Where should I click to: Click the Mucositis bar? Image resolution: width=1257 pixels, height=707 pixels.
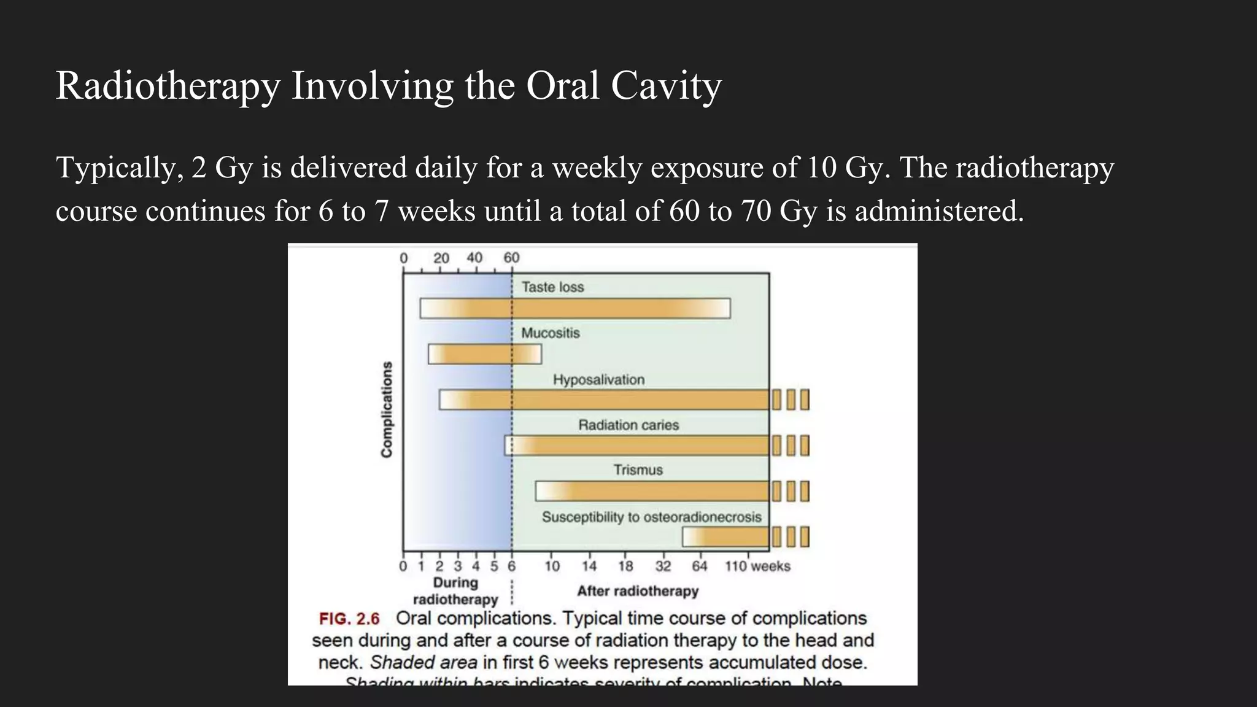click(x=485, y=354)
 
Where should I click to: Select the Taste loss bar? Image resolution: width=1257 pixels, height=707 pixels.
click(x=575, y=308)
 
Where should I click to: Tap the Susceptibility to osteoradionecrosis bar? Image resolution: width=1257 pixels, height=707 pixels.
click(x=725, y=537)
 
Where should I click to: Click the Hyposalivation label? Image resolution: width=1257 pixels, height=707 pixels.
click(x=598, y=380)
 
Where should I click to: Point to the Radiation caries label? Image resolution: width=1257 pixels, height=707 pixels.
click(x=628, y=425)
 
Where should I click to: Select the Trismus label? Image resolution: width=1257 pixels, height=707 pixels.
click(x=638, y=470)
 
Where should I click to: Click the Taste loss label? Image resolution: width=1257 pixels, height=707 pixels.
click(x=552, y=287)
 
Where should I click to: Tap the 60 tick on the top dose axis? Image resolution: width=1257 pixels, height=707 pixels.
click(x=511, y=258)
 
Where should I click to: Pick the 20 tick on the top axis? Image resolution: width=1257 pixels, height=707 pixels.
click(x=441, y=258)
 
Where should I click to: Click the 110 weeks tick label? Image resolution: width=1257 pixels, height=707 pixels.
click(x=757, y=566)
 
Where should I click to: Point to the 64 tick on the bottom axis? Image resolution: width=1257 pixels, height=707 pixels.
click(x=700, y=566)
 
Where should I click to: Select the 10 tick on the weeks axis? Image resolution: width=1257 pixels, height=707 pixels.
click(x=552, y=566)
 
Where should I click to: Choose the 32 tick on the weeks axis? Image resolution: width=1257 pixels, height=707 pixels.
click(x=663, y=566)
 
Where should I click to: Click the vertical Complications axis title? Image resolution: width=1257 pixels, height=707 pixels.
click(x=387, y=409)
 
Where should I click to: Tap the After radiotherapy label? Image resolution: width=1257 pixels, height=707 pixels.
click(x=638, y=591)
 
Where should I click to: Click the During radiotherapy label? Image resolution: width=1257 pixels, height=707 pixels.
click(x=455, y=590)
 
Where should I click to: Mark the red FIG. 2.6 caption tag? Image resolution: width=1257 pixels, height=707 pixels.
click(x=349, y=619)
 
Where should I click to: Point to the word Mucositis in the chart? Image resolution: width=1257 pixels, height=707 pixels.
click(x=550, y=333)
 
